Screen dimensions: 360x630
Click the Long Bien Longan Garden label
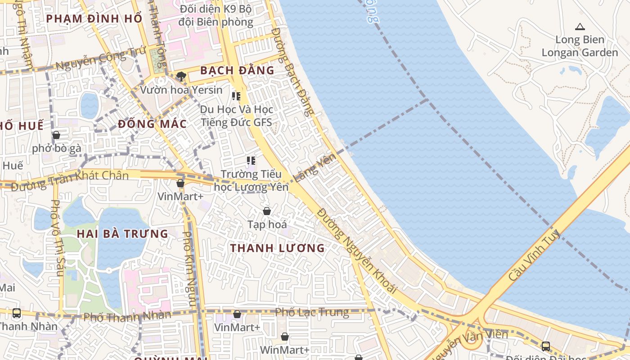click(580, 46)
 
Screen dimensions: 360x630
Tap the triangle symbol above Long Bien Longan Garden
click(580, 27)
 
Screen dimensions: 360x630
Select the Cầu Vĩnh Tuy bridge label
click(534, 255)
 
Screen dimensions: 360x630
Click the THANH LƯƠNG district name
click(277, 248)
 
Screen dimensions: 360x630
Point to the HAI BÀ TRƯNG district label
click(122, 234)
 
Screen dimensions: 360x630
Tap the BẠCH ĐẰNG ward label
click(237, 71)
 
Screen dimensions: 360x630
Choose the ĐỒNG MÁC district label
click(152, 124)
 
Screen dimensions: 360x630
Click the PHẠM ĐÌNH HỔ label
click(94, 18)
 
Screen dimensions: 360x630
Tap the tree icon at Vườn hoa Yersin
click(181, 76)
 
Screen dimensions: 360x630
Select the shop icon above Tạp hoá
click(267, 211)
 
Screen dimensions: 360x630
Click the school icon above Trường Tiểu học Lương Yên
click(251, 160)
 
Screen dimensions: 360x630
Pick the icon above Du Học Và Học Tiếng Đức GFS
click(236, 96)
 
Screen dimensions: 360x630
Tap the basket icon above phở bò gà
click(56, 135)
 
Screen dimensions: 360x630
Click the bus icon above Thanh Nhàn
click(17, 313)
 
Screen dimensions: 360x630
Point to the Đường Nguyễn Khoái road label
click(357, 251)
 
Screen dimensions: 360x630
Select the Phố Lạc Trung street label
click(312, 312)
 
